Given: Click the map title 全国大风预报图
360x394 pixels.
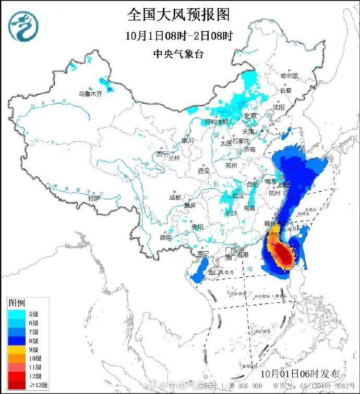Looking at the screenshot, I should pyautogui.click(x=179, y=15).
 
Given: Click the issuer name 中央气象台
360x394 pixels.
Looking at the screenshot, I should pyautogui.click(x=179, y=54).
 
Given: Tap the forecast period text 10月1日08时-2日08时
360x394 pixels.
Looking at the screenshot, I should pyautogui.click(x=179, y=36).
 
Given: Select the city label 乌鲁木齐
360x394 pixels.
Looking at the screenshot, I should pyautogui.click(x=90, y=94).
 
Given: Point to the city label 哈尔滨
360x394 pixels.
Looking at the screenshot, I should pyautogui.click(x=289, y=76).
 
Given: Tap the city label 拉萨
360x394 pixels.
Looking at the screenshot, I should pyautogui.click(x=94, y=199).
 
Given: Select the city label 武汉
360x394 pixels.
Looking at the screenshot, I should pyautogui.click(x=238, y=195).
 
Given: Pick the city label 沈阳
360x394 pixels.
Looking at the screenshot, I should pyautogui.click(x=279, y=107).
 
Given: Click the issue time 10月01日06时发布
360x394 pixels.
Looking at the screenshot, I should pyautogui.click(x=299, y=374).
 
